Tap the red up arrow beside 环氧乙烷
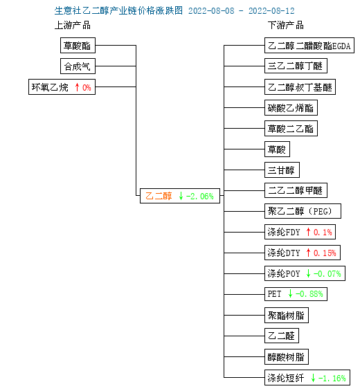(77, 87)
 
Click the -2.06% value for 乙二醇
(200, 197)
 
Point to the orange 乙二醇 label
(159, 196)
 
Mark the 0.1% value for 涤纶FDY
(323, 233)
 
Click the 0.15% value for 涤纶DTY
(325, 253)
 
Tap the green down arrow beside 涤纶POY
(308, 273)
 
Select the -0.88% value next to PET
(309, 294)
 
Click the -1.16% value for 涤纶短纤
(332, 379)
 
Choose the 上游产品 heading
(73, 25)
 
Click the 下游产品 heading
(286, 25)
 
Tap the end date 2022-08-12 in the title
(271, 10)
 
